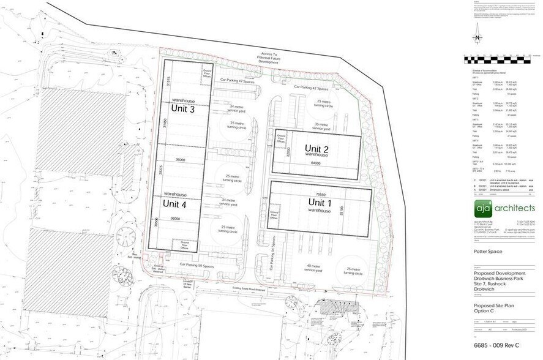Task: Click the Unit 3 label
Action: point(183,110)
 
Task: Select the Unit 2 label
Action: point(318,149)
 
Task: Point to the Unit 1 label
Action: point(319,203)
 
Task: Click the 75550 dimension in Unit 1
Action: point(320,193)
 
